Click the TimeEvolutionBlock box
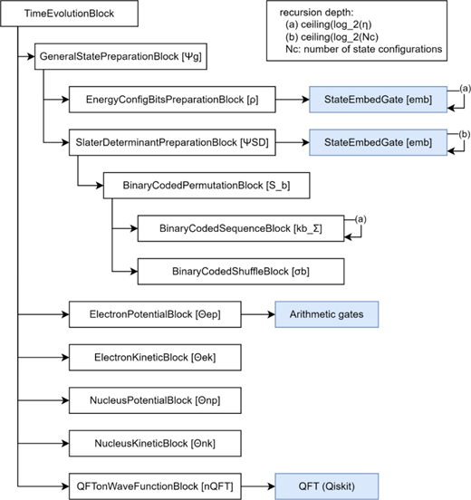(x=69, y=14)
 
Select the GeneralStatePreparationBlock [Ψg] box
(x=120, y=56)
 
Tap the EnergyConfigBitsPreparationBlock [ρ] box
(x=172, y=100)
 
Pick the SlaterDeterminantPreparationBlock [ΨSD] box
(x=172, y=142)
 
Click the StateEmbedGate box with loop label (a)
(x=379, y=100)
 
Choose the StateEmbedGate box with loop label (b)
(x=379, y=142)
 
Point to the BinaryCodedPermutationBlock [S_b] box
(x=207, y=186)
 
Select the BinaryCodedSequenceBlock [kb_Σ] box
(x=241, y=228)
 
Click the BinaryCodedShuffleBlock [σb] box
(x=241, y=272)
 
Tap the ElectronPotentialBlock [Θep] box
(x=155, y=314)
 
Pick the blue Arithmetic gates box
(x=327, y=314)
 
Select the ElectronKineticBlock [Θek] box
(x=155, y=358)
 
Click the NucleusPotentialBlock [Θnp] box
(x=155, y=400)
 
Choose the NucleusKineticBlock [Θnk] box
(x=155, y=443)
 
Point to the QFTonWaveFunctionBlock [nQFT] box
(x=155, y=486)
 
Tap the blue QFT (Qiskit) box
(x=327, y=486)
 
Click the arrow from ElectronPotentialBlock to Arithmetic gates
(x=258, y=314)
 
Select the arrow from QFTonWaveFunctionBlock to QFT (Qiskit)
(x=258, y=486)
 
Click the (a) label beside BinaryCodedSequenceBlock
(x=360, y=219)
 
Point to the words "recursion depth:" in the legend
(x=317, y=13)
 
